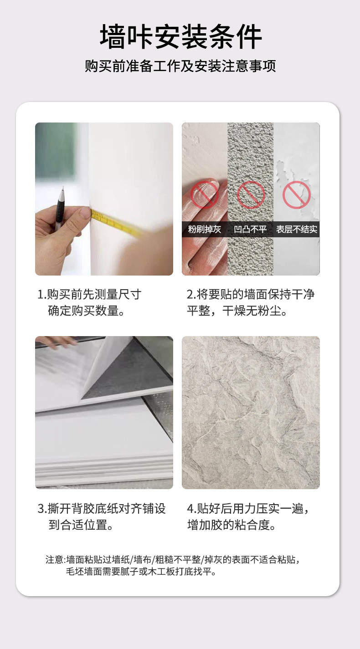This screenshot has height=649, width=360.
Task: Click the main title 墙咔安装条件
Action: pyautogui.click(x=181, y=37)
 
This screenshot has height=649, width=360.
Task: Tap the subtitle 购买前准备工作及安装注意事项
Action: pyautogui.click(x=180, y=66)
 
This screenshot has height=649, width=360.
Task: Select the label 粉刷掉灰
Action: pyautogui.click(x=205, y=230)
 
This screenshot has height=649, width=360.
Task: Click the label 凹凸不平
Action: pyautogui.click(x=251, y=230)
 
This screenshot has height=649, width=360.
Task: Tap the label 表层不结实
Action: pyautogui.click(x=297, y=230)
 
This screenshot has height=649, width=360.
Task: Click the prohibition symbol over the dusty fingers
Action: pyautogui.click(x=205, y=195)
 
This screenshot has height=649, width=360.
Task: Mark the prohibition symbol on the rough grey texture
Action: pyautogui.click(x=251, y=195)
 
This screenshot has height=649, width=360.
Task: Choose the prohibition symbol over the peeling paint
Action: pyautogui.click(x=297, y=195)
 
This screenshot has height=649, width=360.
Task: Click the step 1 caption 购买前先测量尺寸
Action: pyautogui.click(x=89, y=294)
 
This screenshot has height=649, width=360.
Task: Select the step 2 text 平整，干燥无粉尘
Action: pyautogui.click(x=237, y=311)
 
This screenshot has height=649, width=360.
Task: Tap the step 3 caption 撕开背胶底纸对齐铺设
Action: pyautogui.click(x=102, y=508)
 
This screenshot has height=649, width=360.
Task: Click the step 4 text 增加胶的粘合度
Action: pyautogui.click(x=231, y=525)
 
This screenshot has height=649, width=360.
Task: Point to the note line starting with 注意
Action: pyautogui.click(x=173, y=559)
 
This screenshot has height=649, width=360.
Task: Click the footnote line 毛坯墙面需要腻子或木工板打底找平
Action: pyautogui.click(x=141, y=572)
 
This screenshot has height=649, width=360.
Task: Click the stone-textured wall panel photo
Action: pyautogui.click(x=251, y=413)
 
